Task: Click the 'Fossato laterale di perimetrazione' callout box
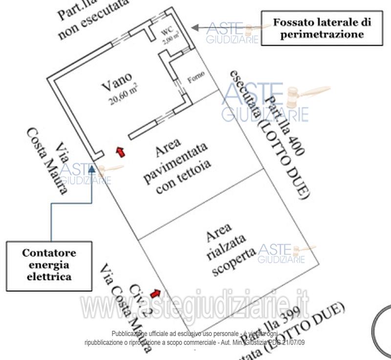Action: [x=322, y=28]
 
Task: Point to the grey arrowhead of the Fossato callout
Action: [x=195, y=27]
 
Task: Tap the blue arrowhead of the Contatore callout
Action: [x=92, y=169]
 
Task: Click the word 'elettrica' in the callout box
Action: [x=49, y=276]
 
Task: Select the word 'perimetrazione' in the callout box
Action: [x=322, y=35]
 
